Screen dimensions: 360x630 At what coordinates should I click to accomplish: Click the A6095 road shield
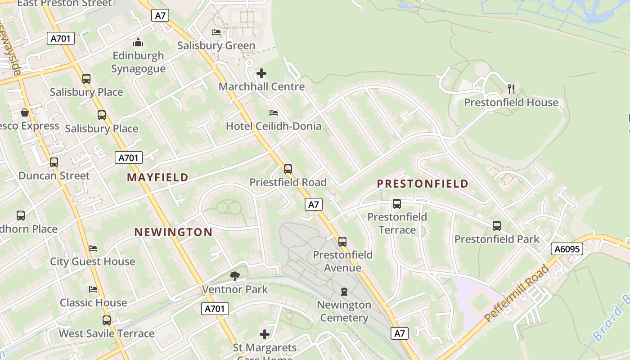567,249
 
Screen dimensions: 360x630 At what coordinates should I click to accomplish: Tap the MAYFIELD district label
157,177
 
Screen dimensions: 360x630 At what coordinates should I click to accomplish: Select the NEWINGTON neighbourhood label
173,232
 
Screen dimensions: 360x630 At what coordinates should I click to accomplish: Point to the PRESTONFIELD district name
423,184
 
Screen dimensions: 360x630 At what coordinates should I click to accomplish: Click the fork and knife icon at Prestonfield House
511,89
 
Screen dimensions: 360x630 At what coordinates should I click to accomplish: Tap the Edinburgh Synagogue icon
138,43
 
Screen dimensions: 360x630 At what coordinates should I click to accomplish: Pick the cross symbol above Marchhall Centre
261,73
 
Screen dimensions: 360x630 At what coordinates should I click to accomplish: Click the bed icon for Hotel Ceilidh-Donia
273,112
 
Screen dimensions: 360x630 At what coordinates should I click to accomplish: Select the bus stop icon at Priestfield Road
288,169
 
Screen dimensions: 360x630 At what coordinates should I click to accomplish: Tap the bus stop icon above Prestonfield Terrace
397,204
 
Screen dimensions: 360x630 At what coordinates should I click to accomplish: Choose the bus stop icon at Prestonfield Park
497,226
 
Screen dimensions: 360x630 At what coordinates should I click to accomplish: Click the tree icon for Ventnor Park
234,276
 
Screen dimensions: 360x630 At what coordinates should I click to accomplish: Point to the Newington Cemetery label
344,311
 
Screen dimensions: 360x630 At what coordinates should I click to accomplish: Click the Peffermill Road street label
517,293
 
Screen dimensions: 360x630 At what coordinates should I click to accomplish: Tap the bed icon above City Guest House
93,248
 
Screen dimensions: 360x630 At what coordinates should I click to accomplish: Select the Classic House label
94,302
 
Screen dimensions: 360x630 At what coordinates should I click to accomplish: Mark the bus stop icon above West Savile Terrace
107,320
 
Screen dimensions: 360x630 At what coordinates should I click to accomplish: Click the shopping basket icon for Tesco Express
25,112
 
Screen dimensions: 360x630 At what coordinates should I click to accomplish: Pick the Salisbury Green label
216,45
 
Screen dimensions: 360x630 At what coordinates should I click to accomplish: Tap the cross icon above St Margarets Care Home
265,334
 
